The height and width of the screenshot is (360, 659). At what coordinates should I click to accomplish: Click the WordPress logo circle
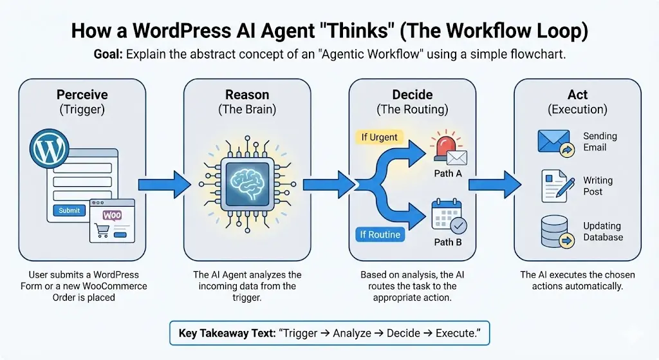(x=49, y=150)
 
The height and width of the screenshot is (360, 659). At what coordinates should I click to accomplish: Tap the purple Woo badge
(x=111, y=215)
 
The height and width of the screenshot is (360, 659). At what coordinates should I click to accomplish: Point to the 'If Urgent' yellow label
(x=379, y=137)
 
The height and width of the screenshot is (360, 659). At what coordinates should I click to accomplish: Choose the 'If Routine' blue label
(x=380, y=234)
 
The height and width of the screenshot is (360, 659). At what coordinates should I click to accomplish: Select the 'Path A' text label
(x=448, y=173)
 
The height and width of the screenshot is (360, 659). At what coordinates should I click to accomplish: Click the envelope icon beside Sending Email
(x=553, y=142)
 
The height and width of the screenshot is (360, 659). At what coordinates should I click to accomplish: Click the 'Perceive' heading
(x=82, y=95)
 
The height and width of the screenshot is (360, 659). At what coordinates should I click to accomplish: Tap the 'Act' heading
(x=577, y=95)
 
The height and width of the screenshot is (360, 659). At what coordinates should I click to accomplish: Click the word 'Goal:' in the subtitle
(x=108, y=55)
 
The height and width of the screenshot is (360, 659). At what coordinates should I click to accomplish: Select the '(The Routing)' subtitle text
(x=412, y=109)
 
